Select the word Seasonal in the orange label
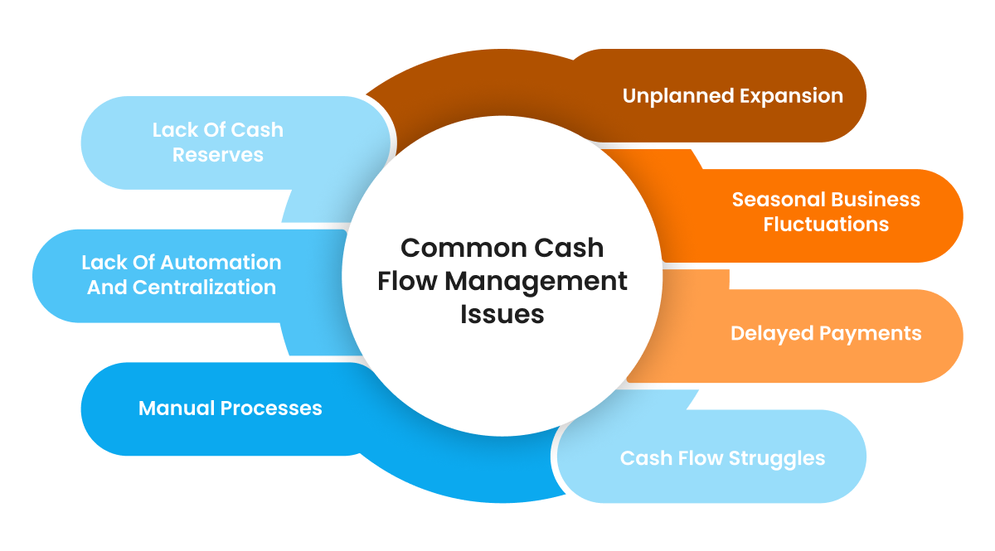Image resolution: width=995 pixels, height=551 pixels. coord(778,200)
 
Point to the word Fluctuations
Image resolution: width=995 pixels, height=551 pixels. coord(826,225)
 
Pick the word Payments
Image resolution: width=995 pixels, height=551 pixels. coord(870,333)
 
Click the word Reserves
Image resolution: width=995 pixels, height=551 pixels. coord(218,155)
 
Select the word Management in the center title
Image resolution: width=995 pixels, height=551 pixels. coord(536,282)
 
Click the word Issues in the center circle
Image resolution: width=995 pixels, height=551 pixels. coord(502,315)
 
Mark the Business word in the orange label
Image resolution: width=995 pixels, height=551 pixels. coord(876,200)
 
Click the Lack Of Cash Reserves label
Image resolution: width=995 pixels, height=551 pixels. coord(218,143)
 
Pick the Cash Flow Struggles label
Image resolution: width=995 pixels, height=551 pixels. coord(722,458)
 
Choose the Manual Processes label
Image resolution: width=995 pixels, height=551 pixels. coord(230,408)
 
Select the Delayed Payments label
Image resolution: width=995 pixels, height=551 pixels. coord(826,333)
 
